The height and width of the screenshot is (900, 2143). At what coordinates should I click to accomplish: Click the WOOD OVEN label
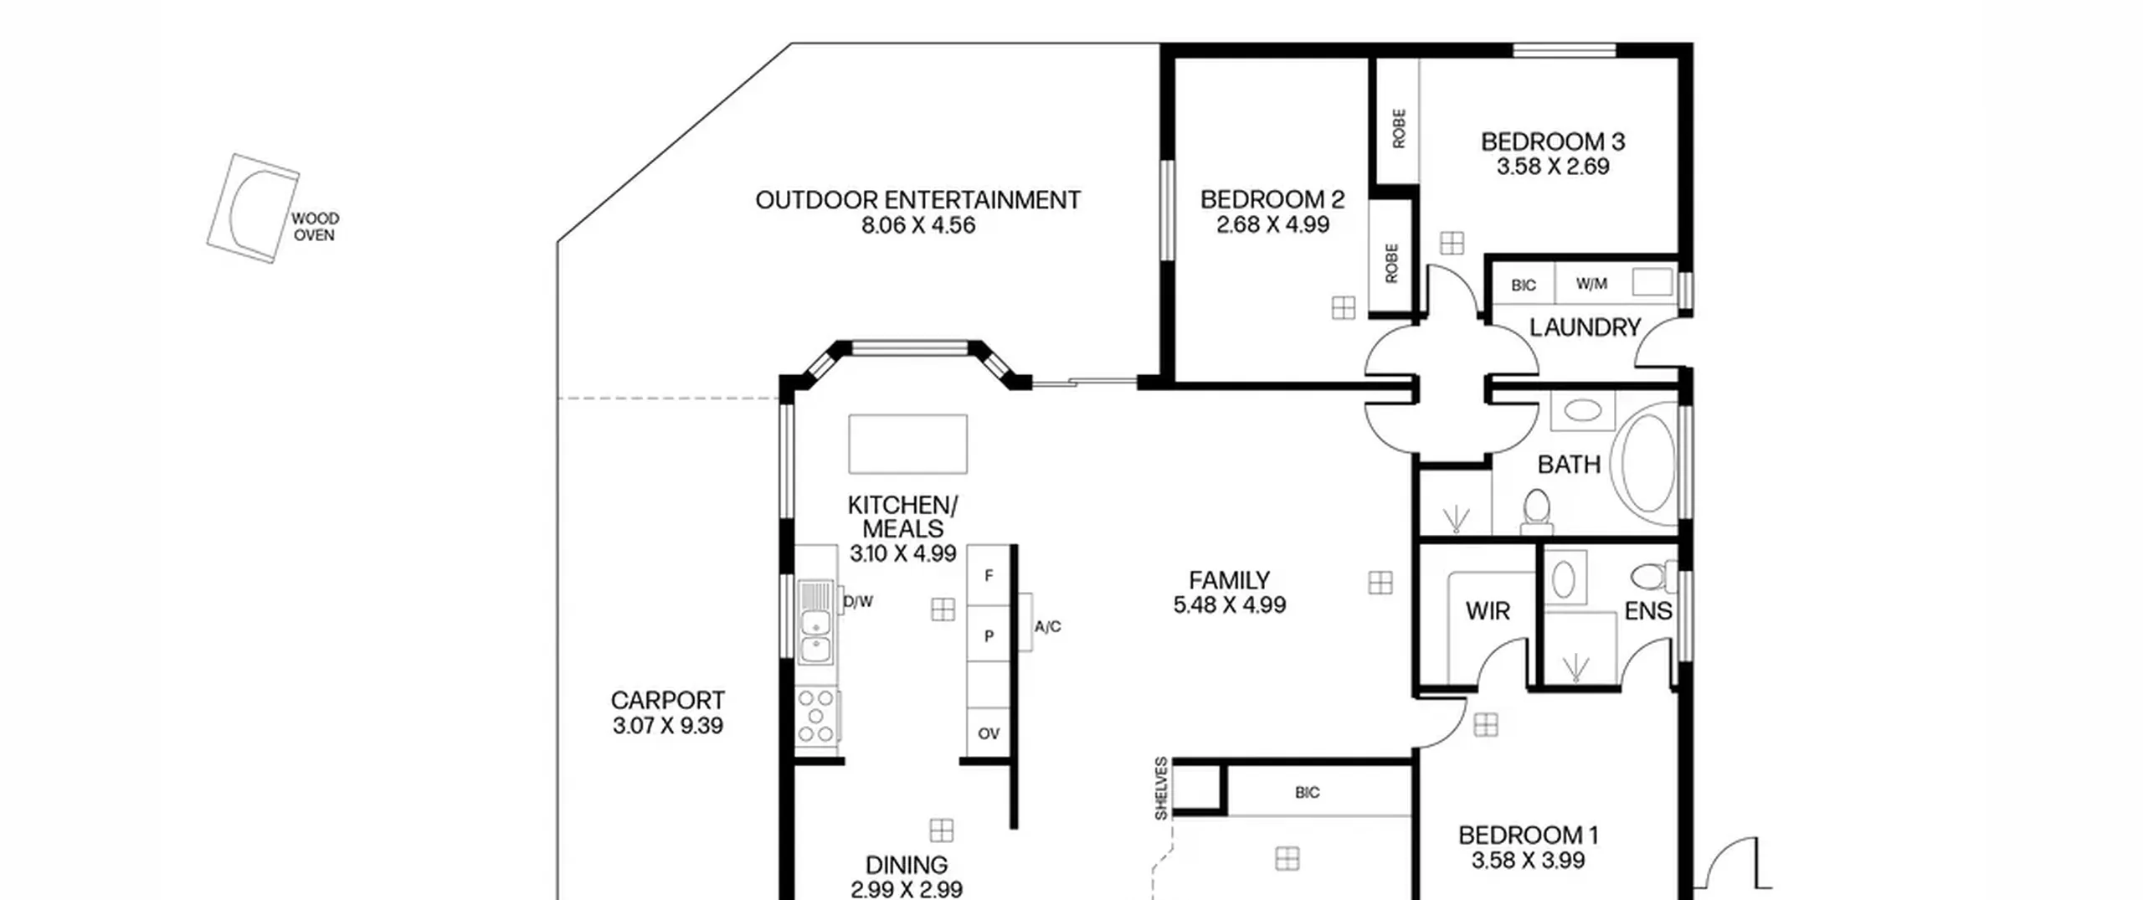315,227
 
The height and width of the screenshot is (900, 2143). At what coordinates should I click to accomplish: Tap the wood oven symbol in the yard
253,208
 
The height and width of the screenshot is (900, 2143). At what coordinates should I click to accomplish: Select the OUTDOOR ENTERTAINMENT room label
918,200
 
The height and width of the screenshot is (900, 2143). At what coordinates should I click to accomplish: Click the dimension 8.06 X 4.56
918,225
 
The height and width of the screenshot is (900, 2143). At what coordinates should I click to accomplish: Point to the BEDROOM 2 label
1272,199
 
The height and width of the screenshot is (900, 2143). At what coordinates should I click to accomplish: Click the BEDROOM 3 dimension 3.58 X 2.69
1553,167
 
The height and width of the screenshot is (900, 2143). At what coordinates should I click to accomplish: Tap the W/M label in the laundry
1591,284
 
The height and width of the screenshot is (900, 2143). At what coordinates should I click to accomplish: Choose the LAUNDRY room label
1585,327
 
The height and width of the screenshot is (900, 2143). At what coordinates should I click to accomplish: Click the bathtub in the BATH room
1647,462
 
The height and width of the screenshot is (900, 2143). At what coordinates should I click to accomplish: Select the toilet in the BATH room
1536,512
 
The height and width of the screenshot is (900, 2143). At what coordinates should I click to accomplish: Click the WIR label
1488,611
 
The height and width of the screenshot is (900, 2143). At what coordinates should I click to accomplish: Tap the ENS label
1647,611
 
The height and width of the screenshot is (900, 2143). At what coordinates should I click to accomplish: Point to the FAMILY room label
1229,580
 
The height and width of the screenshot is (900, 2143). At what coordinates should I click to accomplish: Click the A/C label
1047,626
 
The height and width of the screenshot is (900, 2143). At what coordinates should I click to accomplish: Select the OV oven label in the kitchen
989,734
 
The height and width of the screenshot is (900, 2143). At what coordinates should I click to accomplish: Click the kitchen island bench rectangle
907,444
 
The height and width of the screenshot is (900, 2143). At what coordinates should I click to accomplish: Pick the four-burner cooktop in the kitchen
817,716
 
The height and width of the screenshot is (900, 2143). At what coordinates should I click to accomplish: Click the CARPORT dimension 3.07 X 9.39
667,726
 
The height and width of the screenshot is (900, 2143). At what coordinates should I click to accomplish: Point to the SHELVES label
1161,789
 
